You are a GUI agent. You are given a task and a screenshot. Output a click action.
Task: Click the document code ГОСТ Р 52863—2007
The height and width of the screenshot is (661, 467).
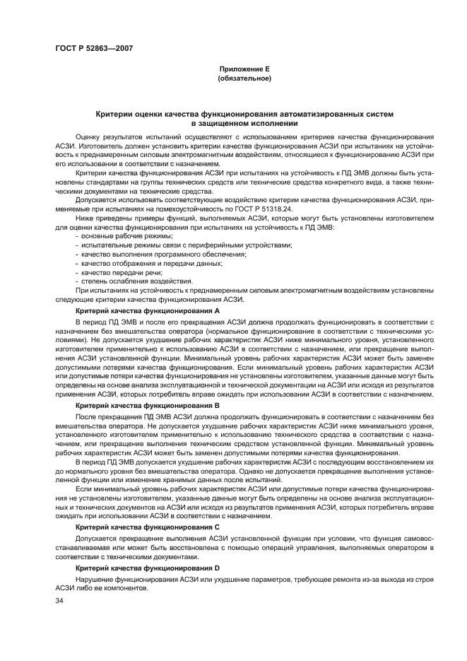[x=93, y=48]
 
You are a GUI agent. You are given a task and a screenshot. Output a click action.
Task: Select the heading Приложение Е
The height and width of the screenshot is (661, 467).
[x=244, y=69]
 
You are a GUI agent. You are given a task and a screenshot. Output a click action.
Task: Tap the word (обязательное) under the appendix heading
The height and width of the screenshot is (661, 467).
[x=244, y=78]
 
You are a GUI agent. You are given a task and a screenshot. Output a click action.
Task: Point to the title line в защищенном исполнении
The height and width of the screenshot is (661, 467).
[x=244, y=123]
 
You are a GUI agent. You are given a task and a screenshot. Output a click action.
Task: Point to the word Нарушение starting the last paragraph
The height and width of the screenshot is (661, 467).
[x=93, y=580]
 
